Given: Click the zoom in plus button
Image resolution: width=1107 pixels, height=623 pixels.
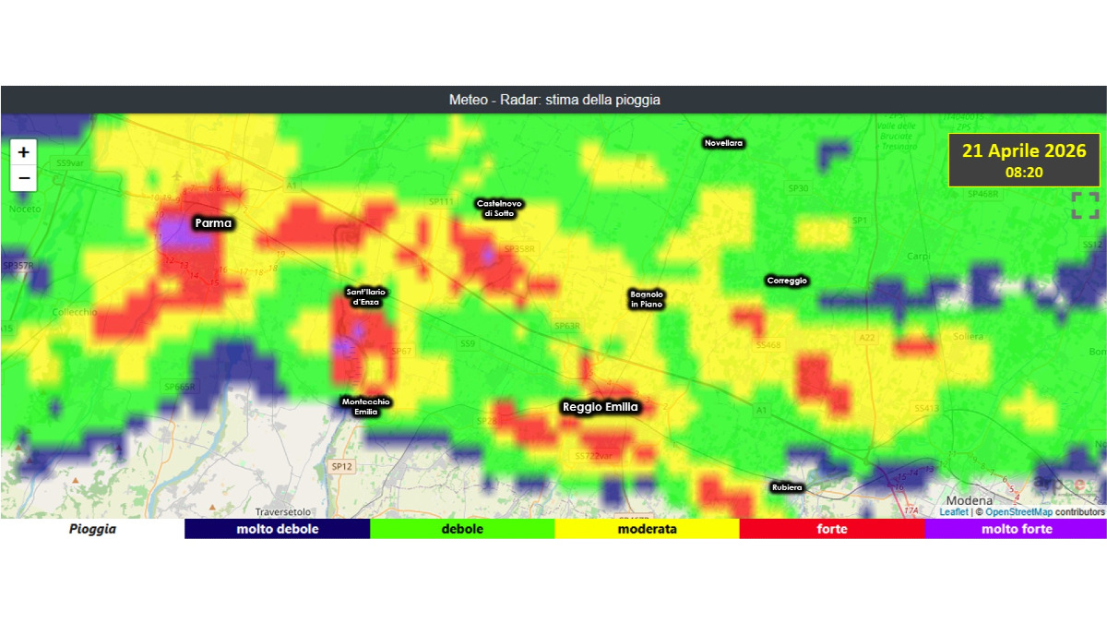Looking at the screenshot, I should click(23, 152).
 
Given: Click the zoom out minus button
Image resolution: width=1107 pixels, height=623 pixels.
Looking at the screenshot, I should click(23, 177).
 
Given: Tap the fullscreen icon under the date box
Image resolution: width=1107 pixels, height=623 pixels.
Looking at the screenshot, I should click(1085, 205).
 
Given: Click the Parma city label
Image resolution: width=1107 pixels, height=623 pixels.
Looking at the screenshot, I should click(212, 223).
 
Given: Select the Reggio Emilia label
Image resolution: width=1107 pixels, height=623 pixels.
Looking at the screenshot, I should click(600, 406).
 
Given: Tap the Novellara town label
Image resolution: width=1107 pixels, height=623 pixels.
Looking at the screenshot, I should click(723, 143).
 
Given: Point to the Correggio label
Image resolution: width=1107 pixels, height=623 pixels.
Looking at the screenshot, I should click(787, 281).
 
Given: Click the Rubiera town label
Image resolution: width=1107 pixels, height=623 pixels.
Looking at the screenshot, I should click(787, 487).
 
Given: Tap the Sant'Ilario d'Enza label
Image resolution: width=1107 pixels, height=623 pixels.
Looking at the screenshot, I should click(366, 296).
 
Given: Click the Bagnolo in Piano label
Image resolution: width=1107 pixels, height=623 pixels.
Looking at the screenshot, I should click(647, 298).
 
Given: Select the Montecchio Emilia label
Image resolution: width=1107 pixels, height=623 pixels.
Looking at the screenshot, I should click(366, 406).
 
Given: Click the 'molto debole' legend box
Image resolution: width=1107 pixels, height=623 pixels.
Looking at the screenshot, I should click(277, 529).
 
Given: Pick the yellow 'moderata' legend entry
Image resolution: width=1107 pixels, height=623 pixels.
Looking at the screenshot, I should click(647, 529).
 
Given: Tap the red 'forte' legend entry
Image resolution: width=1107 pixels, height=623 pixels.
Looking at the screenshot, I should click(831, 529).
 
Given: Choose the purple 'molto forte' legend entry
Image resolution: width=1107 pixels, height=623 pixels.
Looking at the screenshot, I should click(1016, 529).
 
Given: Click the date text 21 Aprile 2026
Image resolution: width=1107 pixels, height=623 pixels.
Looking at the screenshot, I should click(1024, 150).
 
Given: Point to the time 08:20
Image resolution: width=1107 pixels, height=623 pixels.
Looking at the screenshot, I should click(1024, 172).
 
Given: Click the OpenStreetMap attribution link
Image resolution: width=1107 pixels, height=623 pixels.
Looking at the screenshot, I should click(1018, 511).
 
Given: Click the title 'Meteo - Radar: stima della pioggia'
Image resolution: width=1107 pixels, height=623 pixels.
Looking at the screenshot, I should click(553, 100).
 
